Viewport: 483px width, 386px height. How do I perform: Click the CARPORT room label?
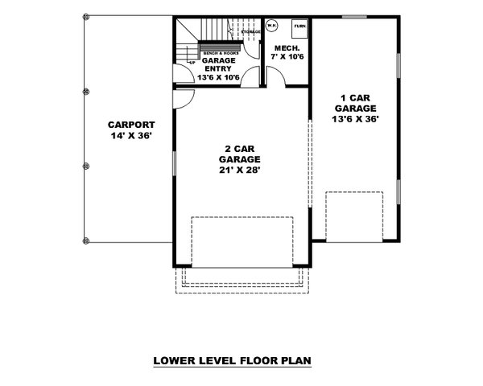pos(131,125)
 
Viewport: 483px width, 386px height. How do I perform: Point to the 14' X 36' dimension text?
pos(131,136)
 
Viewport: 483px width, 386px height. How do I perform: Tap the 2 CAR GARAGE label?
pos(242,154)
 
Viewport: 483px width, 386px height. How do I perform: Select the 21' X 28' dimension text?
pos(242,170)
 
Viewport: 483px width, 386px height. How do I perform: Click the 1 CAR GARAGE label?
pos(355,101)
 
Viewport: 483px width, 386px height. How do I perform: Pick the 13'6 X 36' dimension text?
pos(355,118)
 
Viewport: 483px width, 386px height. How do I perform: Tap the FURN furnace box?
pos(299,27)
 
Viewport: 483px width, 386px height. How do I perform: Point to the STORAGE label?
pos(250,33)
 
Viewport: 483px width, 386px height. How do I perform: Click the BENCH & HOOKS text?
pos(218,52)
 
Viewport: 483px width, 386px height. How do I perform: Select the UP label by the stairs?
pos(190,60)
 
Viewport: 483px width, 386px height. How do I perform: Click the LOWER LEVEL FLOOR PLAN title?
pos(232,361)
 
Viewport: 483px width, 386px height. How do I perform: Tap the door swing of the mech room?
pos(274,75)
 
